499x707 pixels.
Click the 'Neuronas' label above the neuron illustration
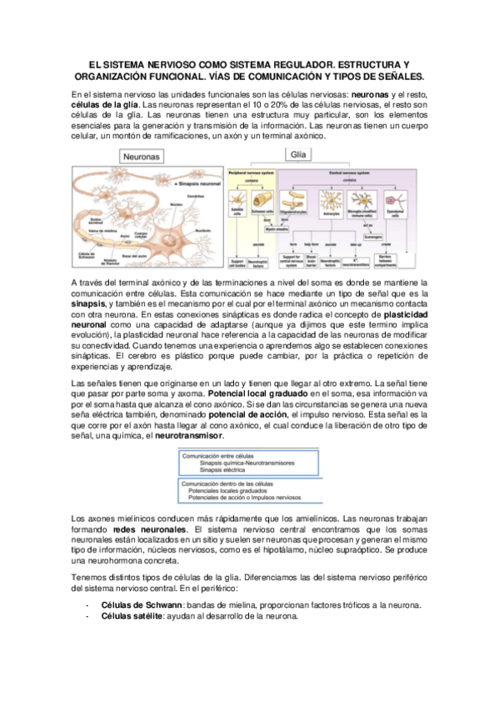point(142,157)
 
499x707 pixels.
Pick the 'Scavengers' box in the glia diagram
point(372,236)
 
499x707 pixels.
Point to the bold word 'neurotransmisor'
point(189,435)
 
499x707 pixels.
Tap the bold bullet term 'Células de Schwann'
point(139,604)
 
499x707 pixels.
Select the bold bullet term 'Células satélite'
point(131,616)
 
